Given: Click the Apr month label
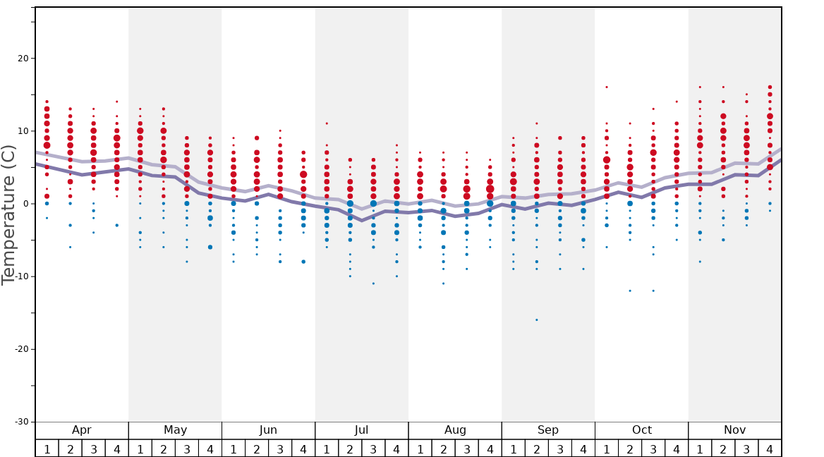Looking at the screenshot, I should [x=82, y=430].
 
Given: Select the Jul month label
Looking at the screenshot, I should [x=361, y=430].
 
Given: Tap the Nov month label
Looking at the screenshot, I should [x=734, y=430].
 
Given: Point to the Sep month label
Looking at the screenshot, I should [x=548, y=430].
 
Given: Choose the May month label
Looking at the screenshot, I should [x=175, y=430].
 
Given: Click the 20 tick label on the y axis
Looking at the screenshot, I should [x=21, y=59].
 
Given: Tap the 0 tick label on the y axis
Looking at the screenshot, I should [x=25, y=204].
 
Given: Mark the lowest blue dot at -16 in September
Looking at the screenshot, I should [x=536, y=319].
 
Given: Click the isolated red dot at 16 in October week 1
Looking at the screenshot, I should [x=607, y=87].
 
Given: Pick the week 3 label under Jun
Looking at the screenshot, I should [x=280, y=449].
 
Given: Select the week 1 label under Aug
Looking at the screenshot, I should [x=420, y=449].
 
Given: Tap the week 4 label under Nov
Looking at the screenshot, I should [x=770, y=449].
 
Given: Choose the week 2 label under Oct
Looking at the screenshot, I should [x=630, y=449].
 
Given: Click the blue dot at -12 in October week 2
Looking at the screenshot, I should [x=630, y=291].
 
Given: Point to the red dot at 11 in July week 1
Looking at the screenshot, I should [x=327, y=123].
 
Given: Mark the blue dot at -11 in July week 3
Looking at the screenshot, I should [x=373, y=284].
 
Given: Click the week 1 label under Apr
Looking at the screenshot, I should [x=47, y=449].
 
